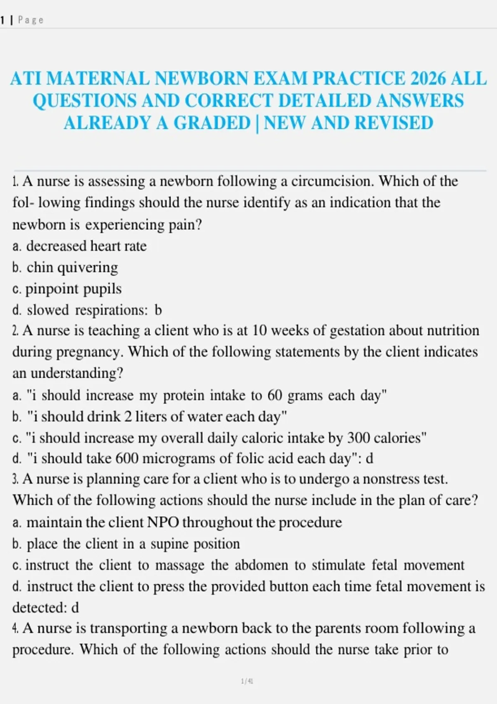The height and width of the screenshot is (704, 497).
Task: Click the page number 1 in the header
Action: [x=2, y=20]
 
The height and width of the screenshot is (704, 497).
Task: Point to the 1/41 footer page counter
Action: [x=247, y=681]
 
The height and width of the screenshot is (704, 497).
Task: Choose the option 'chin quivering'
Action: [x=72, y=268]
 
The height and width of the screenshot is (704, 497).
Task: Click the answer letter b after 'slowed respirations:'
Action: [x=158, y=310]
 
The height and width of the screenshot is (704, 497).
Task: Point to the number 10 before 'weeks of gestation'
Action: [x=260, y=330]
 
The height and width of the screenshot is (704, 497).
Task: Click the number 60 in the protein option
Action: [x=275, y=395]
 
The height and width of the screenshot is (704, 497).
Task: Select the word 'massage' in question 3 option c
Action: [x=180, y=565]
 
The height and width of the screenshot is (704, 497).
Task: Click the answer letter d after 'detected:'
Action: [x=75, y=608]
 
